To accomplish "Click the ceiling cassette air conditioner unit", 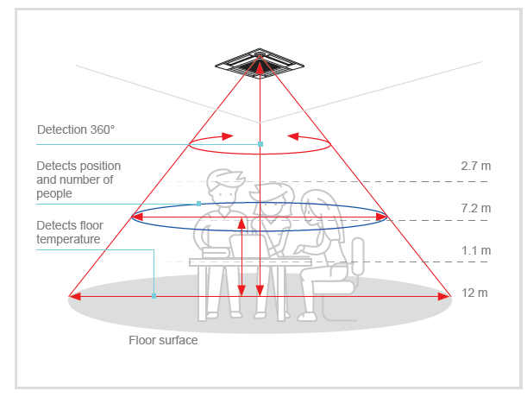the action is pyautogui.click(x=260, y=63).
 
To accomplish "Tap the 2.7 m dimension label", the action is pyautogui.click(x=475, y=166).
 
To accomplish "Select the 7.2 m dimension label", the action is pyautogui.click(x=475, y=208).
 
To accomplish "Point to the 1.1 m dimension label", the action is pyautogui.click(x=476, y=250).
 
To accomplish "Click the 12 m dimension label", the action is pyautogui.click(x=474, y=293).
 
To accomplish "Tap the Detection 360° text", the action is pyautogui.click(x=76, y=129).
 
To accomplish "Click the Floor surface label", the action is pyautogui.click(x=163, y=340).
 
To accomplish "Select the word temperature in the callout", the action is pyautogui.click(x=68, y=239).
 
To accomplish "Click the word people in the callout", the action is pyautogui.click(x=54, y=194).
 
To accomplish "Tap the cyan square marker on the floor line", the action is pyautogui.click(x=154, y=296).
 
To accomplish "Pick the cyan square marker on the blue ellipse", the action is pyautogui.click(x=198, y=204).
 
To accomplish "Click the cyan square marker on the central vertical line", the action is pyautogui.click(x=260, y=144).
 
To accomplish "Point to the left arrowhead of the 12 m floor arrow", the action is pyautogui.click(x=75, y=296).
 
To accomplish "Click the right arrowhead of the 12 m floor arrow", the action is pyautogui.click(x=444, y=296).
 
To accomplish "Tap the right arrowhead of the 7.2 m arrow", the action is pyautogui.click(x=381, y=217).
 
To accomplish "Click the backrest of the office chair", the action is pyautogui.click(x=358, y=256).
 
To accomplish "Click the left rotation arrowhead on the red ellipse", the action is pyautogui.click(x=228, y=135).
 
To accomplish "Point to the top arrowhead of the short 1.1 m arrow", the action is pyautogui.click(x=242, y=224).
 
